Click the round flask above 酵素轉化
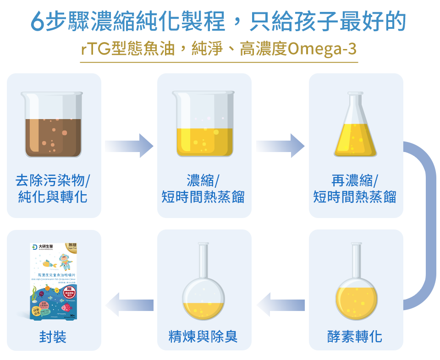coord(356,284)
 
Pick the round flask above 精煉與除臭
coord(204,284)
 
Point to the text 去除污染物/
coord(53,180)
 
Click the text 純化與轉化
coord(53,197)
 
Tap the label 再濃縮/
coord(355,180)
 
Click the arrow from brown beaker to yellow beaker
coord(129,146)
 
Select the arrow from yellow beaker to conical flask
coord(280,146)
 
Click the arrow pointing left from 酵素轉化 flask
coord(280,305)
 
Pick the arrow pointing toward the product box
coord(129,305)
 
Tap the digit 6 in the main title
coord(38,21)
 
